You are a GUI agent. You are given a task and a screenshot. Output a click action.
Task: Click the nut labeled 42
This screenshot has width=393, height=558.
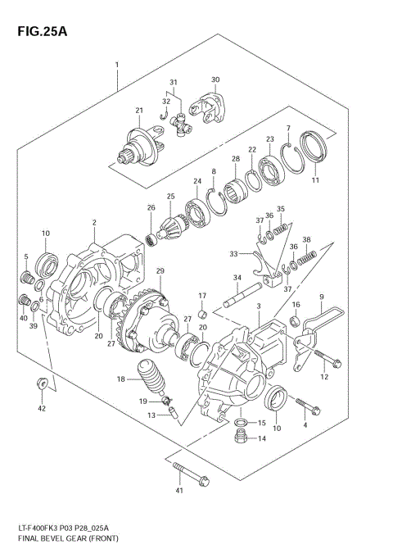[41, 383]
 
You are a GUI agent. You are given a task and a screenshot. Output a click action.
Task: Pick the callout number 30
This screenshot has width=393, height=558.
[215, 79]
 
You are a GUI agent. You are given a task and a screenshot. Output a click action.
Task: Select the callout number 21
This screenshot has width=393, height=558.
[139, 111]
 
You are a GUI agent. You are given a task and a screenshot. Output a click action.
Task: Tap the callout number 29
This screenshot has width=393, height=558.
[160, 270]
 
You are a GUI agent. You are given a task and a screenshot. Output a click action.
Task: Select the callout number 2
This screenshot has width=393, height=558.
[94, 222]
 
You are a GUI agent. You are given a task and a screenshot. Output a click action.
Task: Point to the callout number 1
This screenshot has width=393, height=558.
[117, 65]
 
